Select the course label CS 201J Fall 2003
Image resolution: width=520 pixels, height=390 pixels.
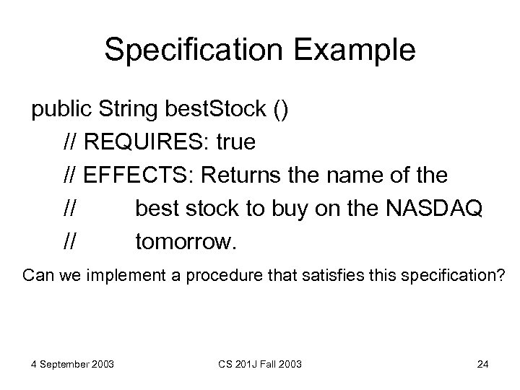click(260, 363)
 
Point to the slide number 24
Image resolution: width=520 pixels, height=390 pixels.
click(483, 363)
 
